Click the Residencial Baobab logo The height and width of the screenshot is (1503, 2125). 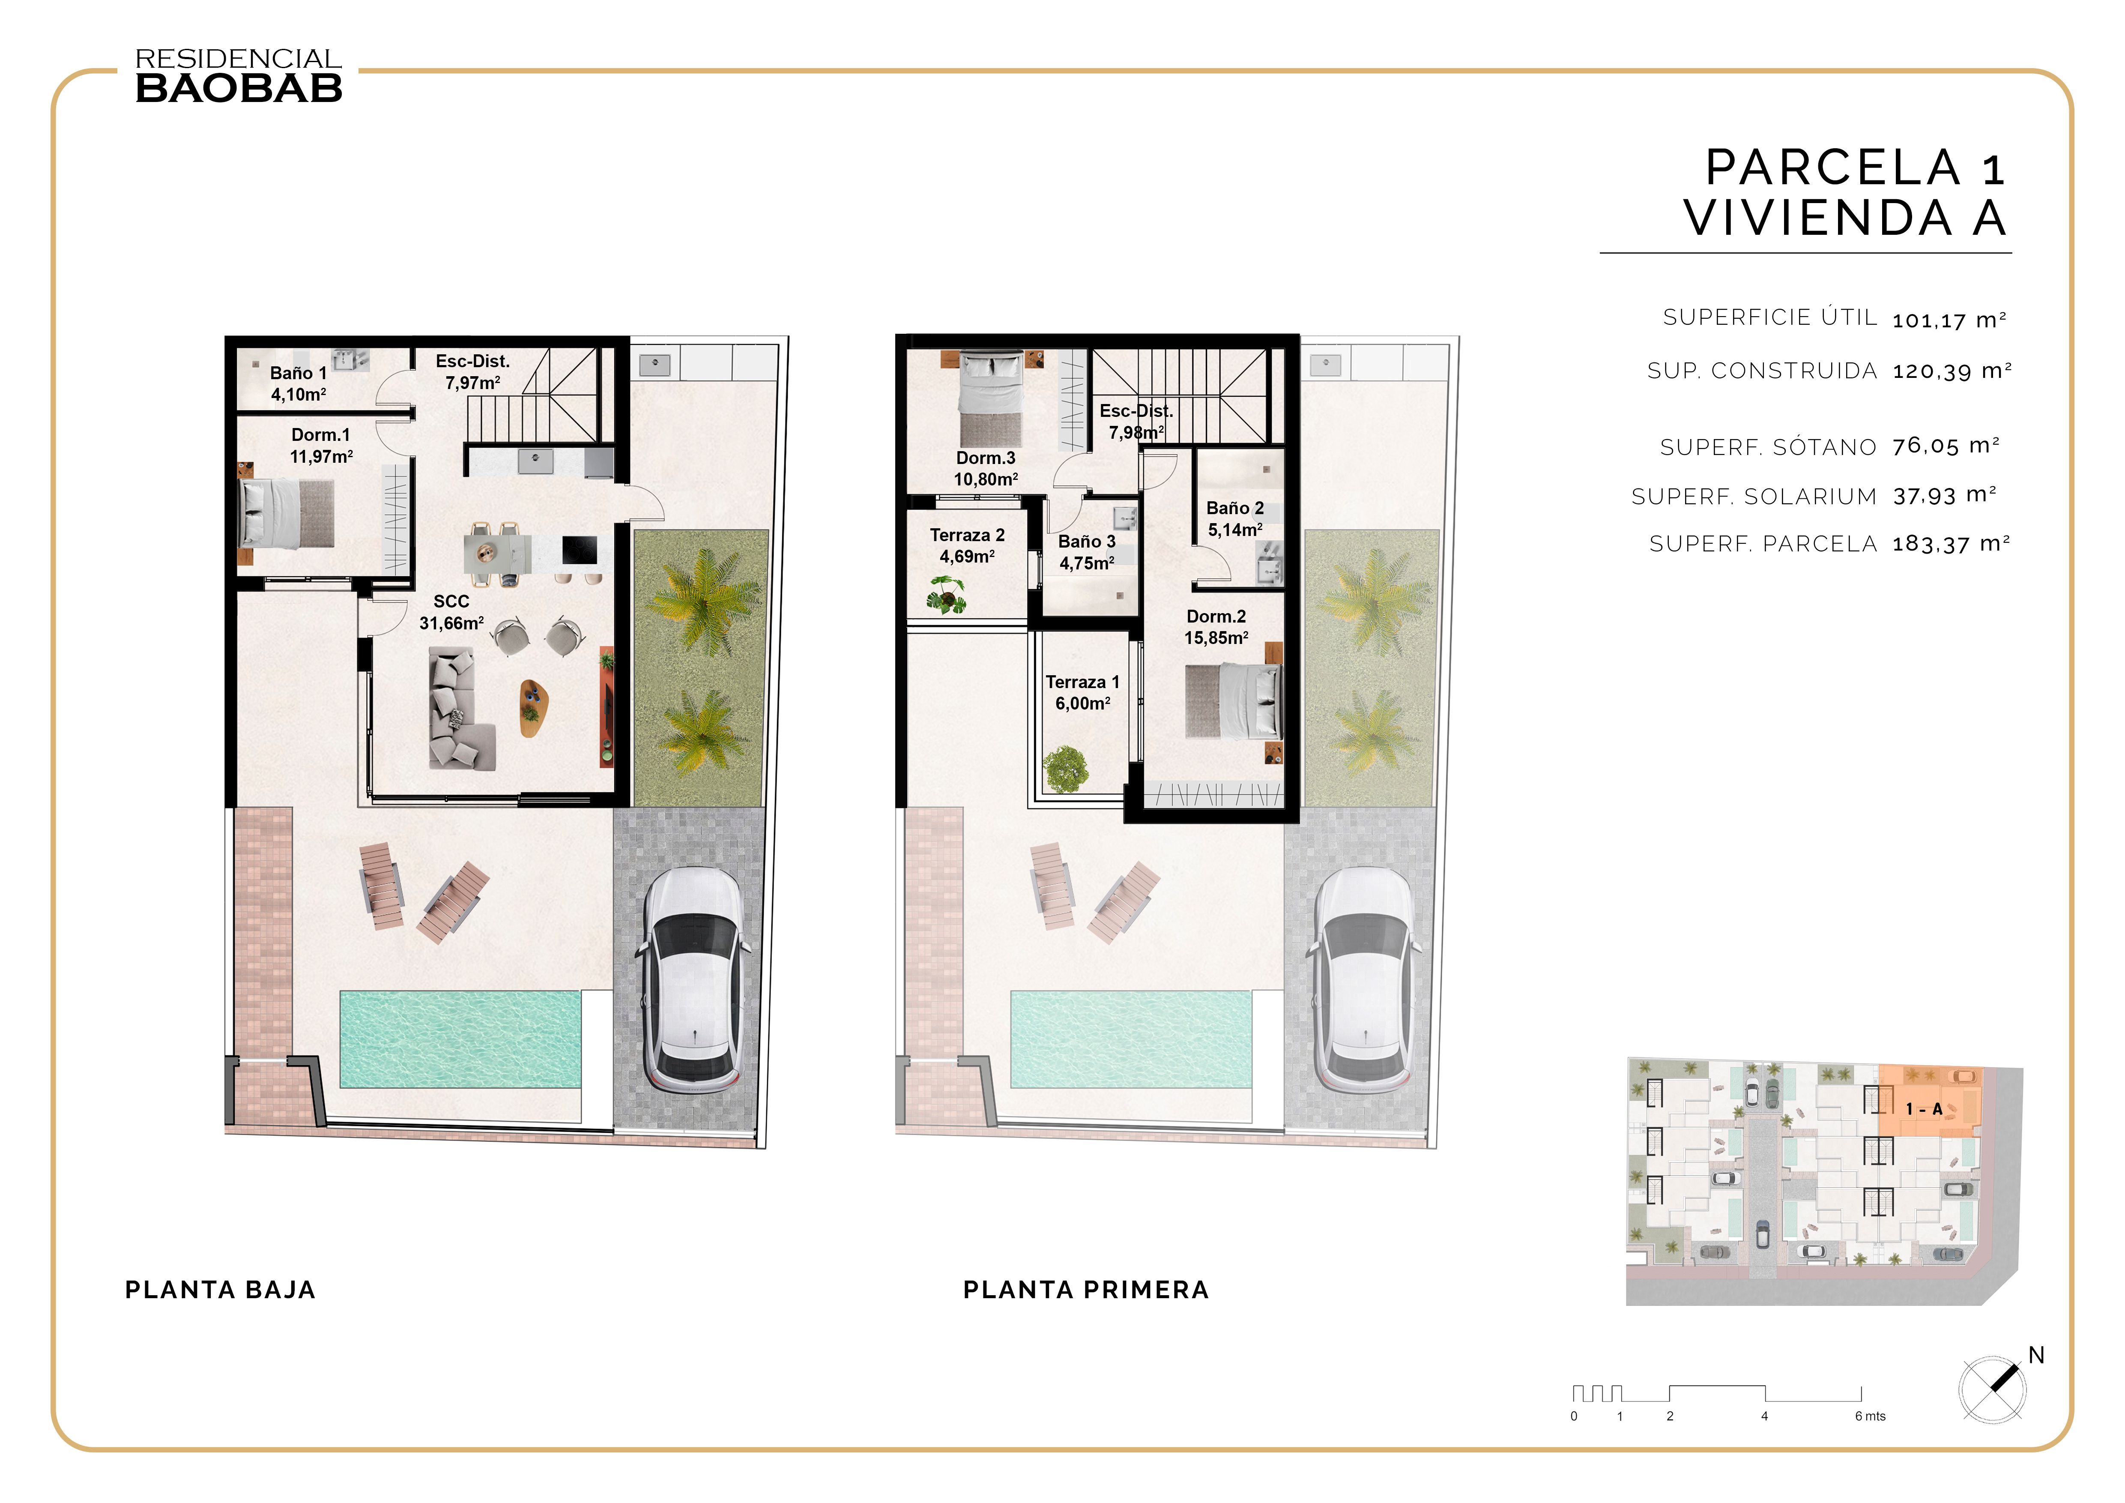coord(239,76)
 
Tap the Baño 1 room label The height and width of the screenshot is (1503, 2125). coord(298,383)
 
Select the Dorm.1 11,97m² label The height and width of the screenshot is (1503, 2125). coord(321,445)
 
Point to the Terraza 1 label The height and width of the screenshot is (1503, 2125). coord(1082,692)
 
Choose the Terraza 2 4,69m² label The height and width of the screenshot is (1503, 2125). coord(967,545)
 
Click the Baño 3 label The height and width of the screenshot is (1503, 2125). coord(1087,551)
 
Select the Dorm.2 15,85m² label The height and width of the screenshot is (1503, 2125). coord(1216,626)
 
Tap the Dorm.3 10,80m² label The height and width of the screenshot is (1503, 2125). coord(986,468)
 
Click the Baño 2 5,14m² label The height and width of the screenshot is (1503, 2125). coord(1234,518)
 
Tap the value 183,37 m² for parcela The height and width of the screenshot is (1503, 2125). coord(1950,544)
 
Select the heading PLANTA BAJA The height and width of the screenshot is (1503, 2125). coord(220,1290)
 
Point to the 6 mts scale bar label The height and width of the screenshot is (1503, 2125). coord(1870,1416)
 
